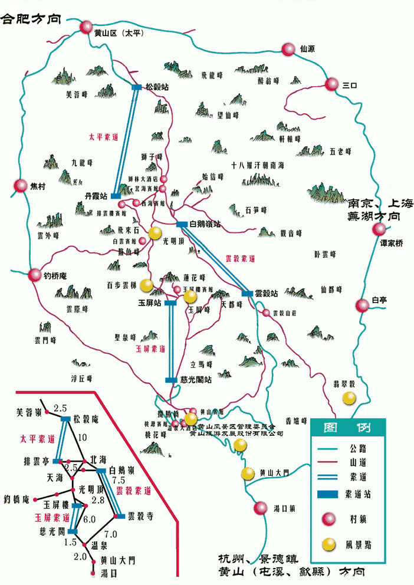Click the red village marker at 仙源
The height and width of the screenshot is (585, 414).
[x=288, y=50]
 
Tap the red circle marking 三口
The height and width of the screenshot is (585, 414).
[x=332, y=85]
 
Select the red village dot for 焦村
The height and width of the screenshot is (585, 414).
[x=21, y=186]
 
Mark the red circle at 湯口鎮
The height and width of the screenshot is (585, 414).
[x=260, y=508]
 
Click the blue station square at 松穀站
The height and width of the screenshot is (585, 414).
[x=136, y=87]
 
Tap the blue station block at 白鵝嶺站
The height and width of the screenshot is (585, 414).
[x=181, y=224]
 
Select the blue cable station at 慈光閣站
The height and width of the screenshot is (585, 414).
[x=172, y=380]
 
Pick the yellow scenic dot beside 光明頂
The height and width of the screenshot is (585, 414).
[x=155, y=233]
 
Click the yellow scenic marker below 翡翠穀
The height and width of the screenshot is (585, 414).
[x=350, y=399]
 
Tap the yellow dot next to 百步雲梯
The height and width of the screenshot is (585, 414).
[x=146, y=285]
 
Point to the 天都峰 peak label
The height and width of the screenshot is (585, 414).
[x=231, y=305]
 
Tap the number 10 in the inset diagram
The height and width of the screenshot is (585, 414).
[x=81, y=438]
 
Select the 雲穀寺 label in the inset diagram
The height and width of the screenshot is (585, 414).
[x=142, y=516]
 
